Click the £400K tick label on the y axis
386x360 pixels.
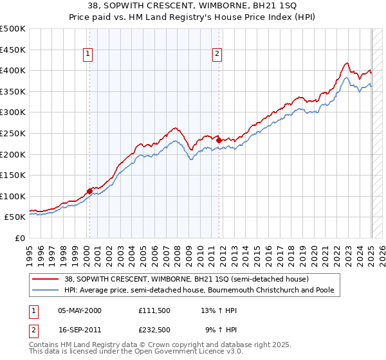click(13, 70)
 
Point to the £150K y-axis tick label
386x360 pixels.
click(13, 175)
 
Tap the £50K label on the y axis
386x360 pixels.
click(15, 217)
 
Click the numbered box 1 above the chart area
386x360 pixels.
click(87, 54)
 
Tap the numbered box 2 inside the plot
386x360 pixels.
click(217, 54)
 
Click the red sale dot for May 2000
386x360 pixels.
click(89, 191)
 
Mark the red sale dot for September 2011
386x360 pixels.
click(219, 139)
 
